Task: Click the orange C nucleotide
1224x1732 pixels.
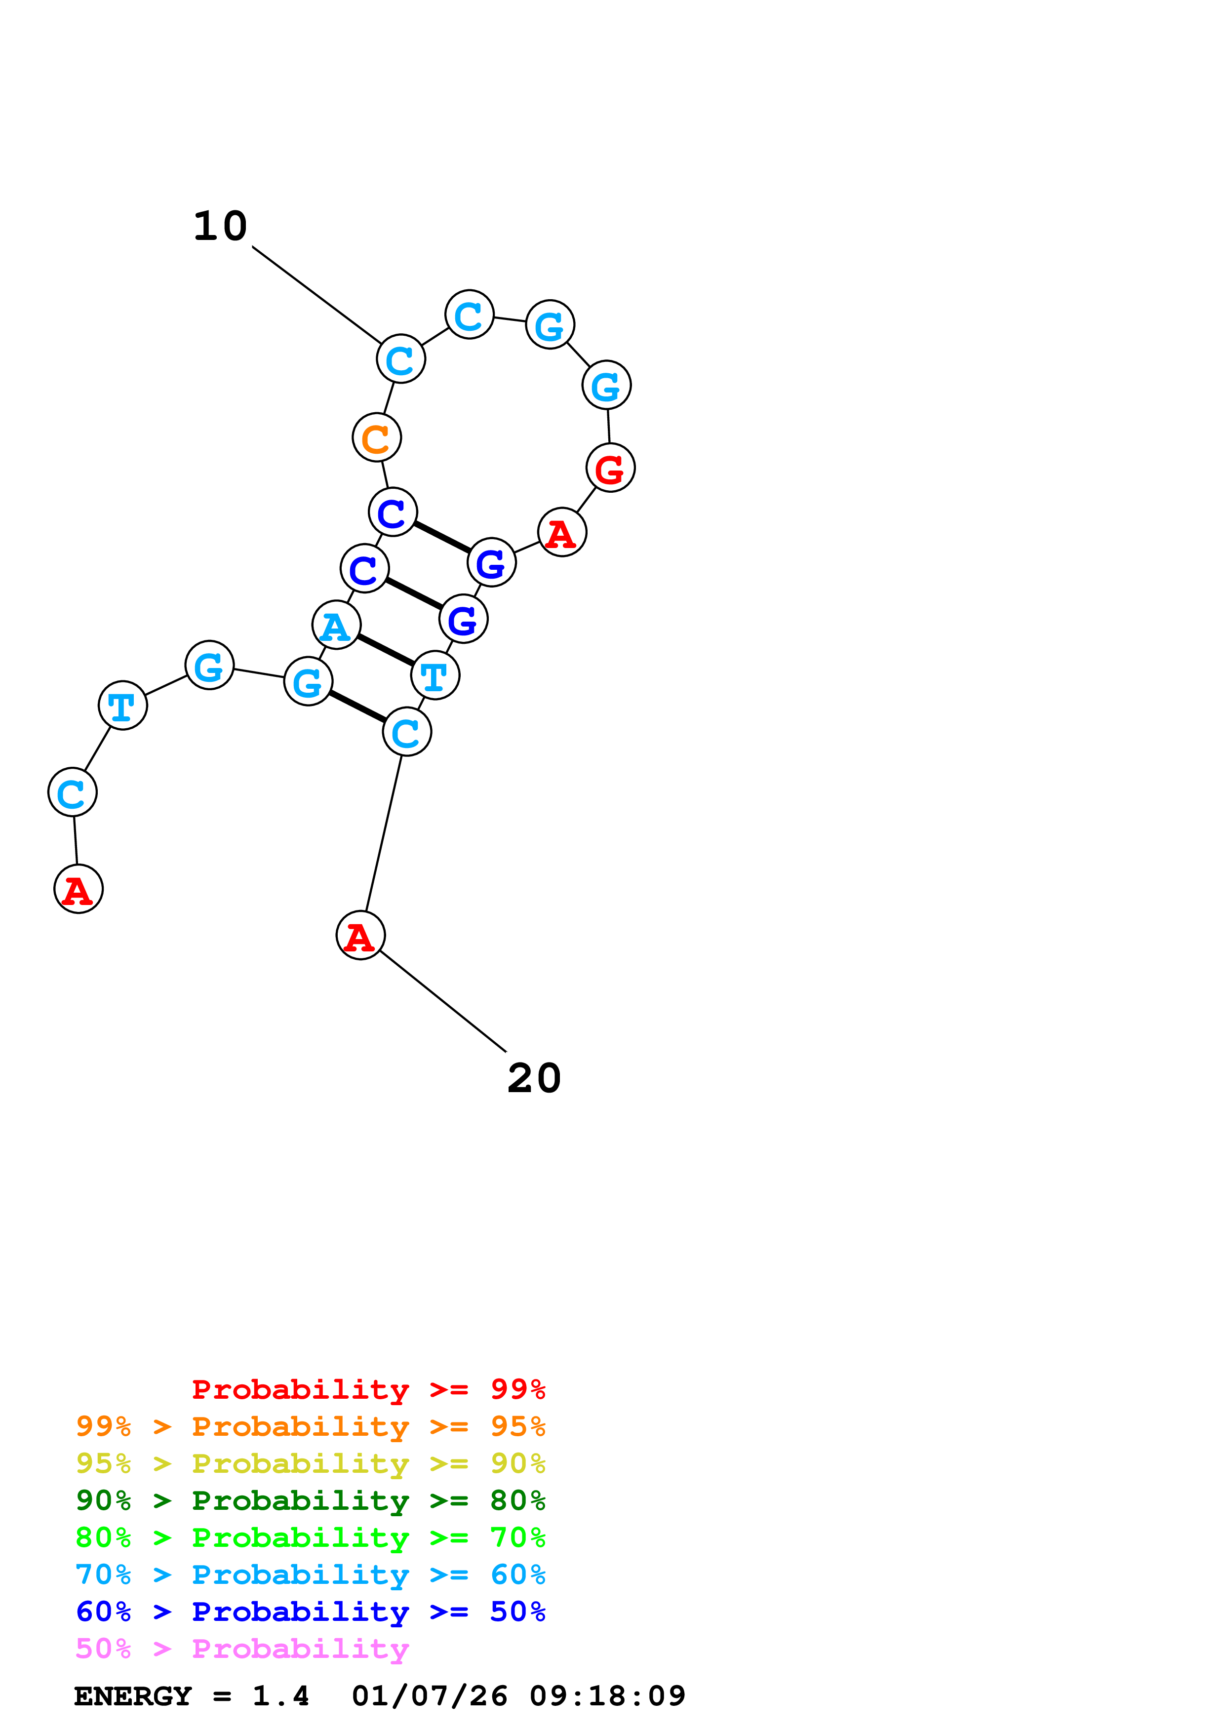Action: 376,437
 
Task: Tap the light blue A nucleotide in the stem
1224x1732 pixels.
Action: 336,625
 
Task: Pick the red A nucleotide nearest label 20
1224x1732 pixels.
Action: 360,936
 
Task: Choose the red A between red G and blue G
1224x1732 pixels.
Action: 562,533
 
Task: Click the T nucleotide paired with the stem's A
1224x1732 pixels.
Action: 435,675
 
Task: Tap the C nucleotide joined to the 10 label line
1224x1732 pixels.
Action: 400,359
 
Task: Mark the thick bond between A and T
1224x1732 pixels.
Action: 386,650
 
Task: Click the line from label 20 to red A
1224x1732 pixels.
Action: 443,1001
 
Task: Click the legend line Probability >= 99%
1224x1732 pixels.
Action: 368,1389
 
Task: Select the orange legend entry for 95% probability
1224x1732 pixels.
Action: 310,1426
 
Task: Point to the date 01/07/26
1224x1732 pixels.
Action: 429,1696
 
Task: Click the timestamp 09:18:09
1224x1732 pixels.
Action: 607,1696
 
